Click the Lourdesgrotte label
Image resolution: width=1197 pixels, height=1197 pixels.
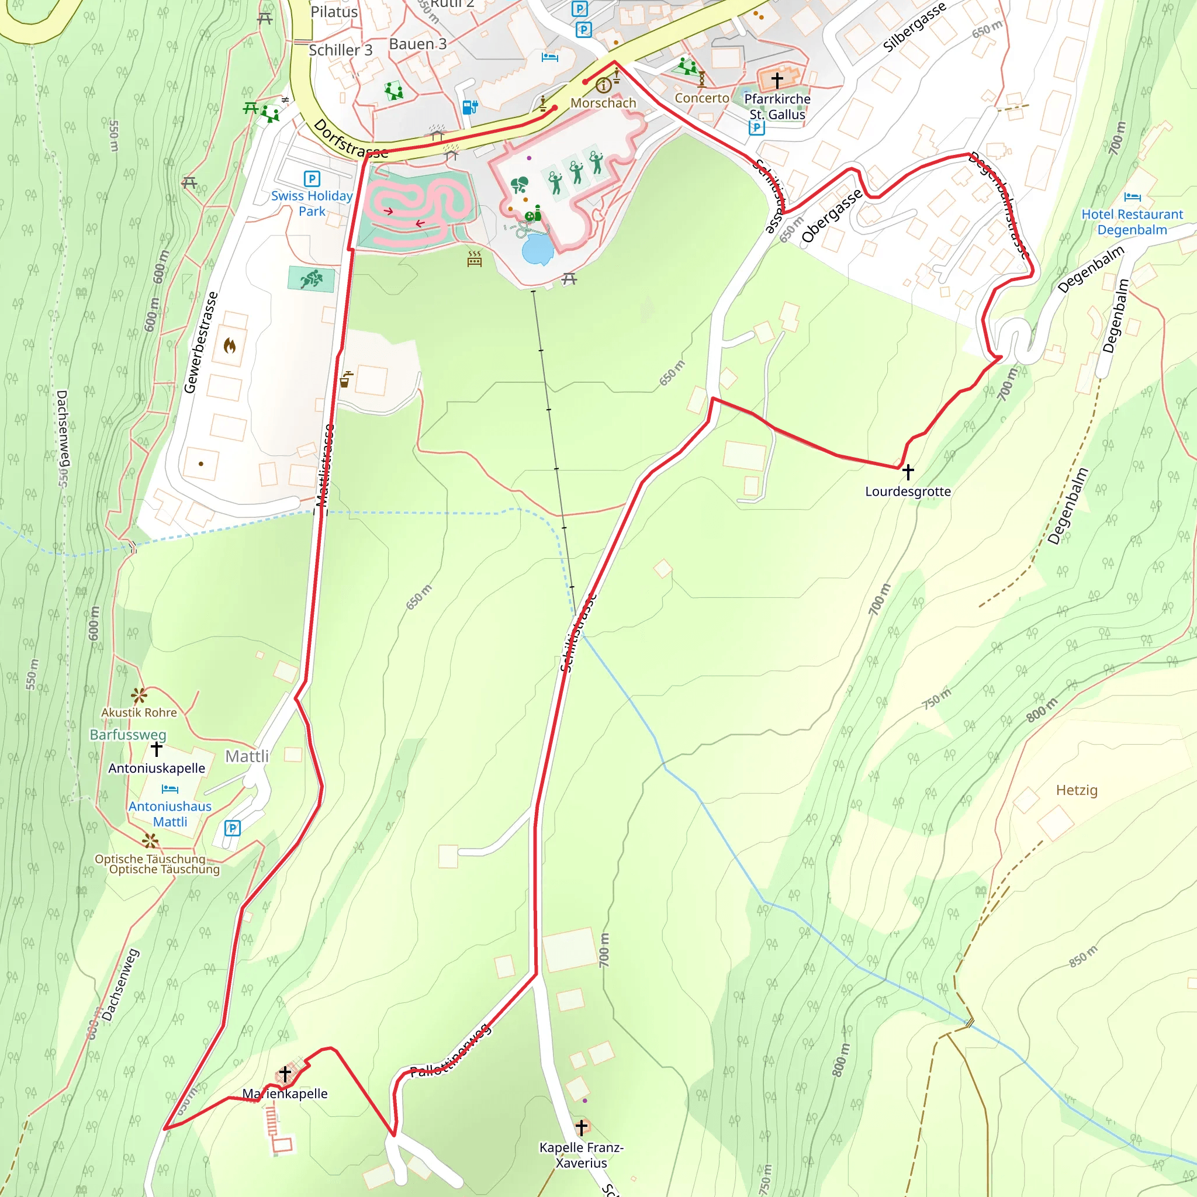point(908,492)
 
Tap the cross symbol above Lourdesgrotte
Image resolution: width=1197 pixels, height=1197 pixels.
point(908,472)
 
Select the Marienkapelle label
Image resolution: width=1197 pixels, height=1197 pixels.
point(285,1094)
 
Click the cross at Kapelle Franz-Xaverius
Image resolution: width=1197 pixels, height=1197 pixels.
point(581,1126)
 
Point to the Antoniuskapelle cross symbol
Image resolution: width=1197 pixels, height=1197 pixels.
point(157,749)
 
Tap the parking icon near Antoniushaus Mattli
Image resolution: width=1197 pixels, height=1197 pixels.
point(233,828)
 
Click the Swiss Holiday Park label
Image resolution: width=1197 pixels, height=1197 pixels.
point(312,203)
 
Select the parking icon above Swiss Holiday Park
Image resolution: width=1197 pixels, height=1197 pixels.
point(312,179)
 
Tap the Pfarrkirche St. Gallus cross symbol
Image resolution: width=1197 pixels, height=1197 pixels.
point(777,79)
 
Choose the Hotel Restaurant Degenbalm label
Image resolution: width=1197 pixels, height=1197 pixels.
point(1132,222)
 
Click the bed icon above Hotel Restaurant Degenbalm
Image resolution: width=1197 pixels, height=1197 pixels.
point(1132,197)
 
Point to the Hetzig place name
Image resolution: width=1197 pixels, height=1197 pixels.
point(1077,790)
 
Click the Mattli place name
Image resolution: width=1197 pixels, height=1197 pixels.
point(247,756)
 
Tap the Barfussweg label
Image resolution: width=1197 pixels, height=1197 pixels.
point(127,734)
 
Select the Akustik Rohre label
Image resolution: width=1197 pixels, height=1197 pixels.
point(139,712)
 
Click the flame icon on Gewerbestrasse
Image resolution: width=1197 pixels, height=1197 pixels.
point(230,345)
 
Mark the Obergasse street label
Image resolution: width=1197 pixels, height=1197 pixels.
point(832,216)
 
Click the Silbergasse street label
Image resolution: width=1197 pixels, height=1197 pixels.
point(914,27)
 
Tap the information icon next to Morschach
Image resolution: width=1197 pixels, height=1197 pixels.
point(603,85)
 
